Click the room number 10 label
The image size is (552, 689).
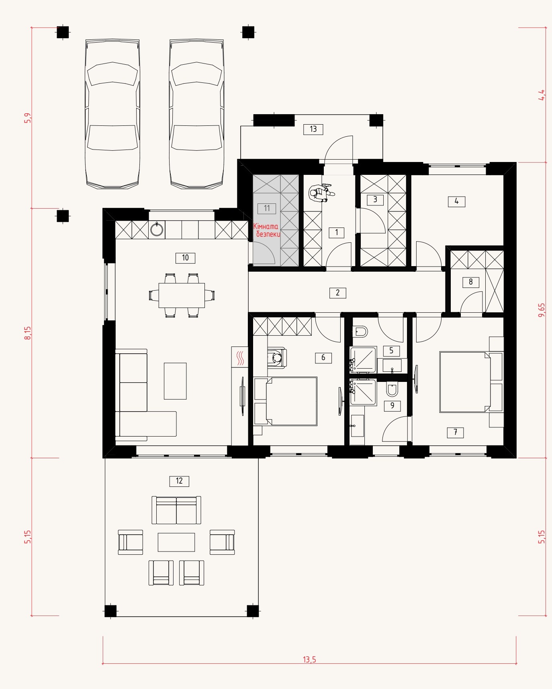[x=185, y=258]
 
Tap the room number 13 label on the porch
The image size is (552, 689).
[x=313, y=129]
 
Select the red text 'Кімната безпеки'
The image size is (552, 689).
[x=267, y=230]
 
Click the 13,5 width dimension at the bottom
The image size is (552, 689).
[x=309, y=659]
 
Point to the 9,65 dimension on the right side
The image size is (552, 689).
[x=542, y=310]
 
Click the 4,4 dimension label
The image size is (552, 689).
[x=542, y=95]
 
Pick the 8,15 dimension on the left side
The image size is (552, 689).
[x=27, y=333]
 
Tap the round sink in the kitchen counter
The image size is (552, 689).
[x=157, y=230]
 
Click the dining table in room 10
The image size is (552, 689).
[x=182, y=295]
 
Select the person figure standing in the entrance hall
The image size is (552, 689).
[x=321, y=193]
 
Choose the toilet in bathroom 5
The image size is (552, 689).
[x=360, y=332]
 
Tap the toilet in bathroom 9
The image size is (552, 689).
[x=392, y=390]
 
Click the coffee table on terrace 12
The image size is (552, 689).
[x=176, y=542]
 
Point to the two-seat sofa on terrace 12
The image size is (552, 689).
[x=176, y=510]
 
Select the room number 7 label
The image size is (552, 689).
[x=456, y=433]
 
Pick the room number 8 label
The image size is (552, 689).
[x=471, y=282]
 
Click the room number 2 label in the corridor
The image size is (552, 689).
[x=338, y=293]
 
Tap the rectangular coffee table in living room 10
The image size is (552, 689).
[x=175, y=381]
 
